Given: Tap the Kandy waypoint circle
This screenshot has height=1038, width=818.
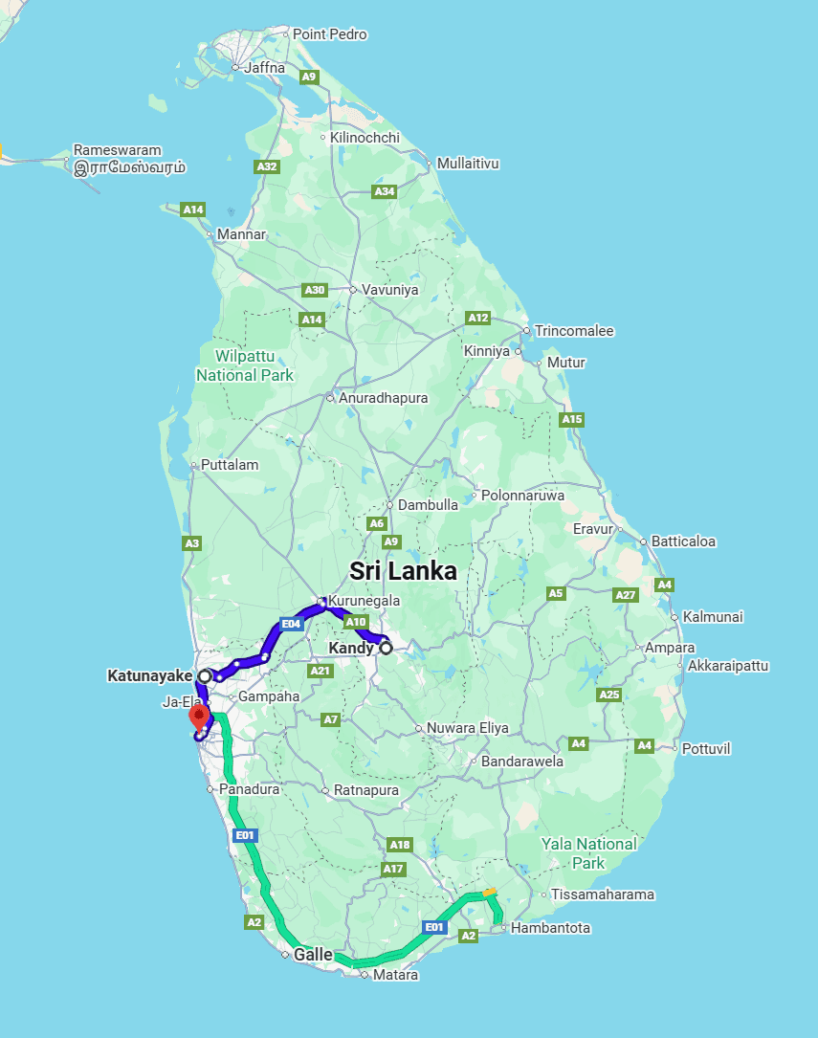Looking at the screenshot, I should coord(387,648).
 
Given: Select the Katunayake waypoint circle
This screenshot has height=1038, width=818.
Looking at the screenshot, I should coord(205,675).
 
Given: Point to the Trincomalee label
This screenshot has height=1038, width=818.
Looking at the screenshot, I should coord(574,331).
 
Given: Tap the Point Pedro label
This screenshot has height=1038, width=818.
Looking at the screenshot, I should coord(329,34).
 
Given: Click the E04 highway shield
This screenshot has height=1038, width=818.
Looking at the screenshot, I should coord(292,624).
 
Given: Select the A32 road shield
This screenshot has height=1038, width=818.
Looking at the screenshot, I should coord(267,166).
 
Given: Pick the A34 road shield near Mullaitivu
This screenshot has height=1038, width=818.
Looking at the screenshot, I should coord(385,191).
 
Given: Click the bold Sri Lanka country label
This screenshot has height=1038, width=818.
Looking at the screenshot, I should coord(403,571).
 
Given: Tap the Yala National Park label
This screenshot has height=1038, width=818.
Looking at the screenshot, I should coord(588,852).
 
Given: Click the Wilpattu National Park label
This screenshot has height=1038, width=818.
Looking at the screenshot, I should coord(245,365).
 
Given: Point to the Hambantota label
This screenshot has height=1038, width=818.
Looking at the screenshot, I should coord(550,928).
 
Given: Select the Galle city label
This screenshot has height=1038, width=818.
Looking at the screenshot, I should coord(313,955).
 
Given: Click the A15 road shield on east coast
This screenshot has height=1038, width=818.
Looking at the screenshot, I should coord(572,419).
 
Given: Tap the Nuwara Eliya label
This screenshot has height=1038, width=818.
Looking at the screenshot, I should coord(467,728).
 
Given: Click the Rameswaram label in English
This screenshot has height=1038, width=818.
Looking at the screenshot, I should coord(118,150).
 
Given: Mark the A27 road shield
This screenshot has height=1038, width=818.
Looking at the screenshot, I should coord(626,595).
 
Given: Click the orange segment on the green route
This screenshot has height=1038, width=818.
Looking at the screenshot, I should coord(490,893).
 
